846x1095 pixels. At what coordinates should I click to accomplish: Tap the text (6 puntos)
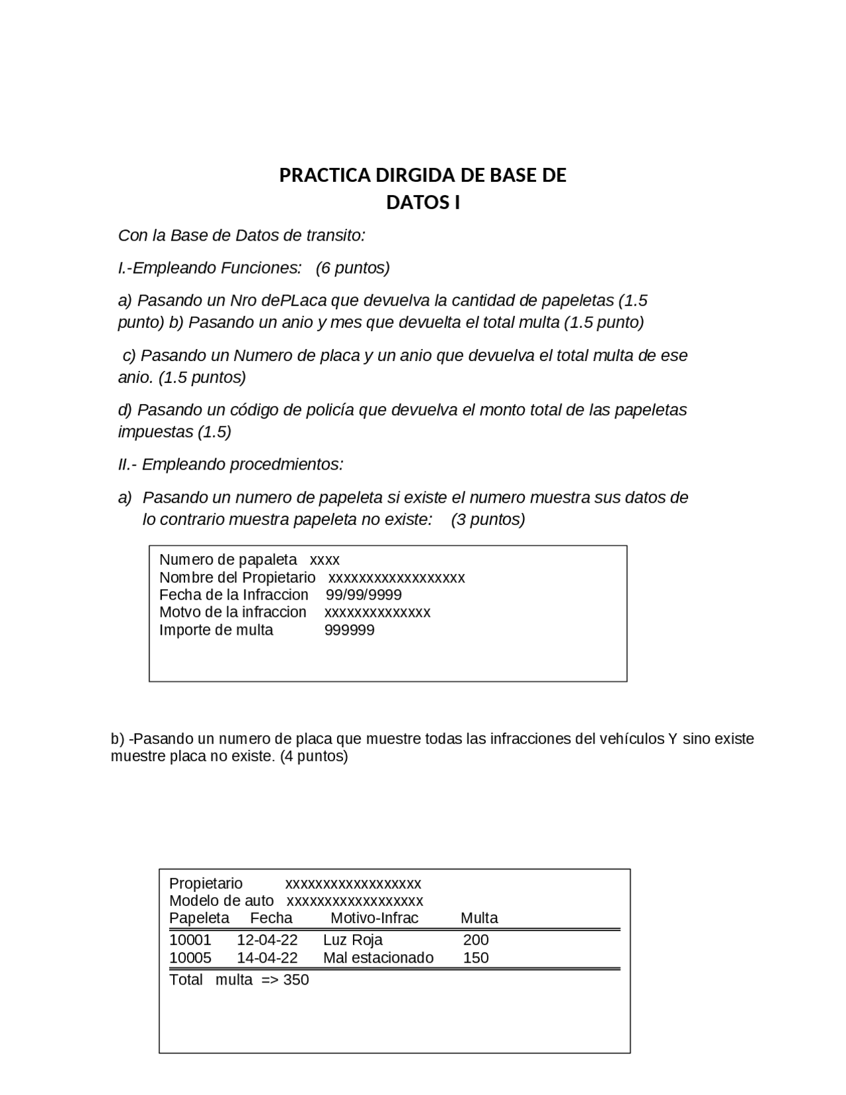tap(352, 268)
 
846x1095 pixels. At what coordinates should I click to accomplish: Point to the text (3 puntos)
tap(488, 520)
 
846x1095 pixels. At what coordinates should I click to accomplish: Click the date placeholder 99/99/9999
tap(364, 595)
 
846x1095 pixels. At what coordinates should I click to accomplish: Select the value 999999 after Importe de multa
tap(349, 630)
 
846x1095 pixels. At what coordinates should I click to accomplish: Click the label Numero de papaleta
tap(228, 560)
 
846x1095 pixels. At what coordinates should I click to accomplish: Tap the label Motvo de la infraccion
tap(233, 612)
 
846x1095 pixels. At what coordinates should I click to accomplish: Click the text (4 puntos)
tap(314, 756)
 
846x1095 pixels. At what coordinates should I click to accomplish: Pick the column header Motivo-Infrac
tap(374, 918)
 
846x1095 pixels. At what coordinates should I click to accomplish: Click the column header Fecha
tap(271, 918)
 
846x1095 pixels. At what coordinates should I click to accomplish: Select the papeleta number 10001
tap(190, 940)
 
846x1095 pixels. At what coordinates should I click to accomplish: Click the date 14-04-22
tap(267, 958)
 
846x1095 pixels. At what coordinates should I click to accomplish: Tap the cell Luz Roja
tap(352, 940)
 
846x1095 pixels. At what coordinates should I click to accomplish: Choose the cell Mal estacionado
tap(378, 958)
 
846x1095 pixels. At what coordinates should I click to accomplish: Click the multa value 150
tap(476, 958)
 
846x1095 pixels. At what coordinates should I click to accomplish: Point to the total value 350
tap(296, 980)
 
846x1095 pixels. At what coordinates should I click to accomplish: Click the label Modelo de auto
tap(221, 901)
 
